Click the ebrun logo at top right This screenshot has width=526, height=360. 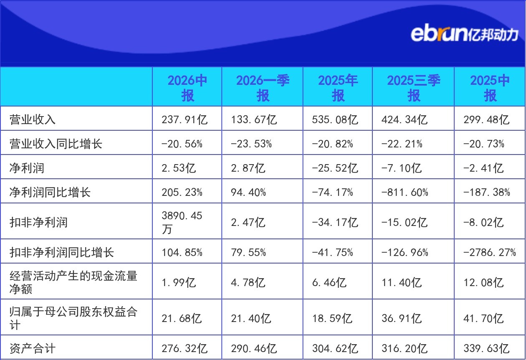[464, 35]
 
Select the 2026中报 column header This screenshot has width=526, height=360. [187, 88]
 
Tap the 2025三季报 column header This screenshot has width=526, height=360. [414, 88]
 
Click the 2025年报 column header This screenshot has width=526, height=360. [338, 88]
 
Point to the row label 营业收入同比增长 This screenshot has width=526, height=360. [56, 144]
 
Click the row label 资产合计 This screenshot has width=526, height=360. [33, 348]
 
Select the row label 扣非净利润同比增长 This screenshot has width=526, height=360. [61, 252]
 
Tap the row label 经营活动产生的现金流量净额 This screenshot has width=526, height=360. [73, 282]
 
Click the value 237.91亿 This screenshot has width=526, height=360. [185, 119]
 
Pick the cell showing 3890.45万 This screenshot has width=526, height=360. [182, 222]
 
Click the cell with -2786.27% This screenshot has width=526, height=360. [489, 252]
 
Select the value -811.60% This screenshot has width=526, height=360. [405, 192]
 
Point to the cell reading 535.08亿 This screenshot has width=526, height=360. [335, 119]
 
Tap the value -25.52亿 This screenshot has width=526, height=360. [335, 168]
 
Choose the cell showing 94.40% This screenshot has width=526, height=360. [248, 192]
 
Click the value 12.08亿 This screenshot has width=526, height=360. [483, 282]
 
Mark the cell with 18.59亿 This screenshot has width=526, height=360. [332, 318]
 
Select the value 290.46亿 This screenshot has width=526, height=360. [254, 348]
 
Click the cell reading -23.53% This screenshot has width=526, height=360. [251, 144]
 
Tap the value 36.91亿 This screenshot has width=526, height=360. [402, 318]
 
